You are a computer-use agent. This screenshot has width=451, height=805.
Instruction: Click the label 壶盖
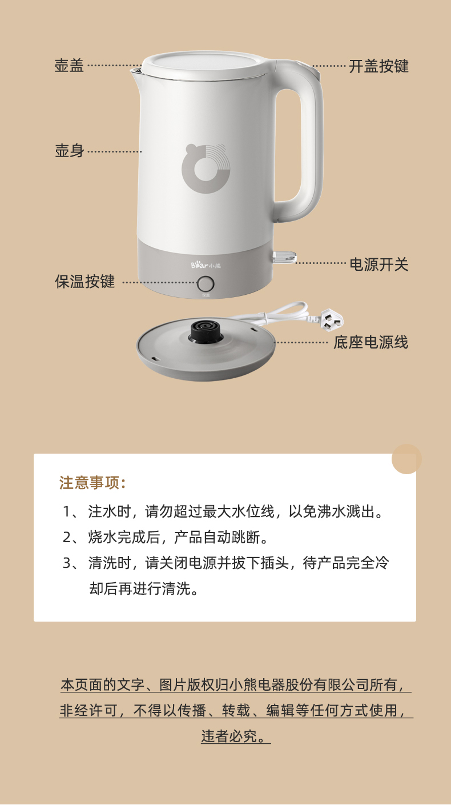(x=69, y=66)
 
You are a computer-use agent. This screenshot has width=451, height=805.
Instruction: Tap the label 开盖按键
(x=379, y=66)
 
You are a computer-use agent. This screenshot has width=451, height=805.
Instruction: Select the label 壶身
(x=69, y=150)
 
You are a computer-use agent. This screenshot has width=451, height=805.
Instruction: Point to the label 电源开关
(x=379, y=265)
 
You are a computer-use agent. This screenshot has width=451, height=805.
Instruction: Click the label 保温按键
(x=84, y=282)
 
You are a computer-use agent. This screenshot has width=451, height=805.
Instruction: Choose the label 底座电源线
(x=371, y=342)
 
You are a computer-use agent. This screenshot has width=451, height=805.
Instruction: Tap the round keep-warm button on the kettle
(x=206, y=284)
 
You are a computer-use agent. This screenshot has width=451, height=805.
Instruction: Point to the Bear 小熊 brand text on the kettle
(x=206, y=266)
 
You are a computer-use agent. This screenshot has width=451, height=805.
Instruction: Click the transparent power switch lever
(x=285, y=257)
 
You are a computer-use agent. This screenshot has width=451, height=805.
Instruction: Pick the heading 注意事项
(x=92, y=483)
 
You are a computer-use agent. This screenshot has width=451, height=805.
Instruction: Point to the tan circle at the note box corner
(x=406, y=459)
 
